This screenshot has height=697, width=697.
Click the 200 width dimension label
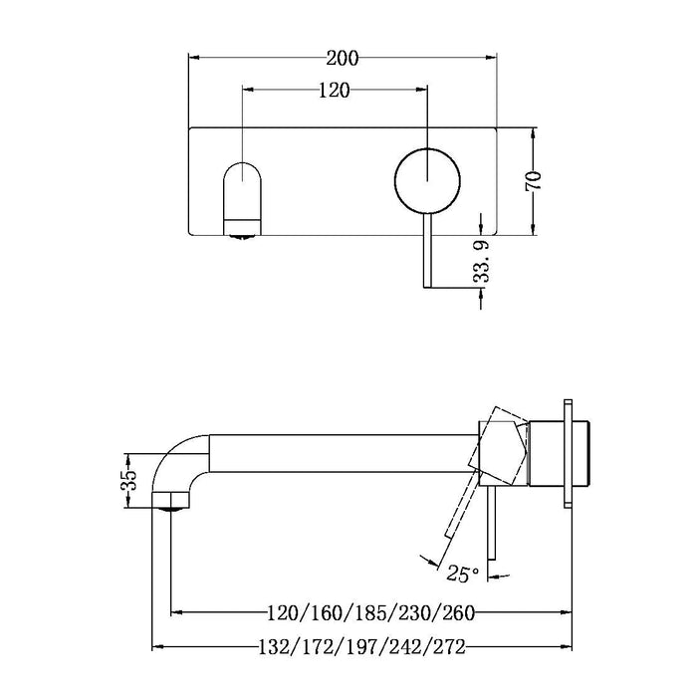[x=342, y=57]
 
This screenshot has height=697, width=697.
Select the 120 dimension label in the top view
[x=334, y=91]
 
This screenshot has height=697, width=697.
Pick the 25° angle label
[x=464, y=574]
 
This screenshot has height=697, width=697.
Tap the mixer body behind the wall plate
[x=587, y=454]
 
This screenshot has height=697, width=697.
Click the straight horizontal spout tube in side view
[x=339, y=454]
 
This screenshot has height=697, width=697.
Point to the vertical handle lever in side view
[x=488, y=528]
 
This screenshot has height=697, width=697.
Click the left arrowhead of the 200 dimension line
[x=194, y=57]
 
